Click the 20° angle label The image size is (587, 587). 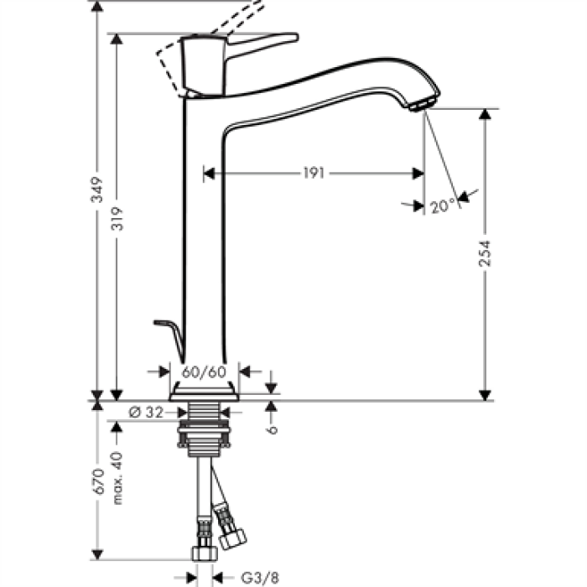[x=444, y=205]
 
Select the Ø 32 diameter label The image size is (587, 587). [x=148, y=412]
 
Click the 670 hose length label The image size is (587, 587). [x=97, y=486]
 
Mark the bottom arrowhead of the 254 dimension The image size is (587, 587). [x=484, y=394]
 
